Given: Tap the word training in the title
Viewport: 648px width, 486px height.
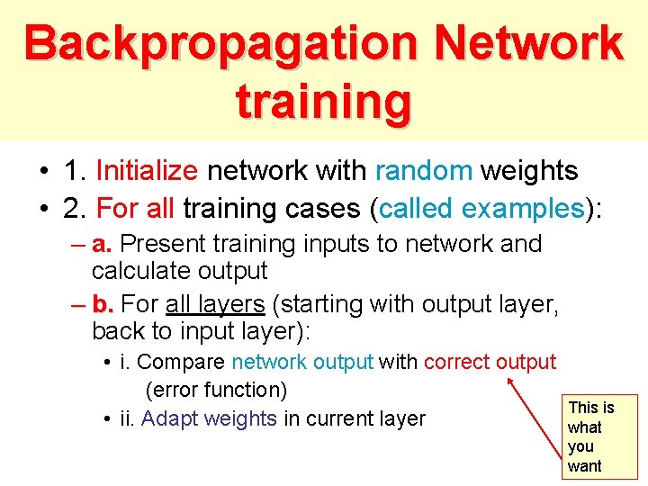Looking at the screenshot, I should [323, 101].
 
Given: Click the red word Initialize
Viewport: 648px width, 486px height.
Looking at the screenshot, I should [146, 171].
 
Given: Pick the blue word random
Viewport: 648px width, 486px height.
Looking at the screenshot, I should [424, 171].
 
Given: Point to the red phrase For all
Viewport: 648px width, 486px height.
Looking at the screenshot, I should [135, 209].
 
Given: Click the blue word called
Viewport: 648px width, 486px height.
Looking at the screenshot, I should [417, 209].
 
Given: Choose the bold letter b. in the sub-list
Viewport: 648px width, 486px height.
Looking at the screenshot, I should [103, 304].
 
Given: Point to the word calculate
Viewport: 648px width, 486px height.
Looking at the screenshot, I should [145, 270].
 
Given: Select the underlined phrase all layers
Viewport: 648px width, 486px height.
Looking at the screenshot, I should [214, 304].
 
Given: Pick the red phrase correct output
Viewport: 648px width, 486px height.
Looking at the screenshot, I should [490, 363].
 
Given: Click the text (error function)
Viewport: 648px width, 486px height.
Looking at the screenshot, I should [215, 391].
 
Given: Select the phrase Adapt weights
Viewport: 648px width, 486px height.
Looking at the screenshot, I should [209, 418].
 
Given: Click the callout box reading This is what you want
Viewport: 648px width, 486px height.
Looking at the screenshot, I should [598, 436].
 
